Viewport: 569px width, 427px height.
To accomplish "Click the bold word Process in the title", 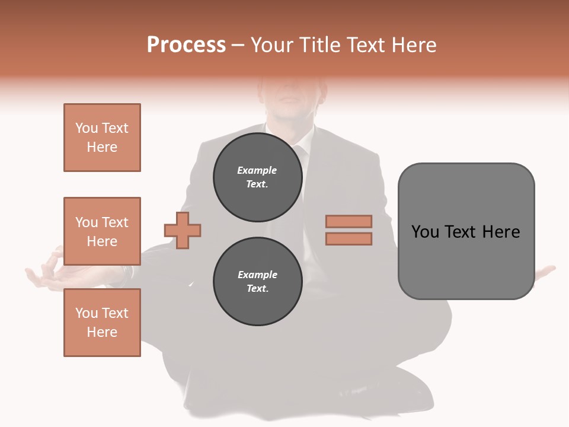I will (186, 45).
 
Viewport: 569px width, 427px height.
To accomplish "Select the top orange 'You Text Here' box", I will (102, 138).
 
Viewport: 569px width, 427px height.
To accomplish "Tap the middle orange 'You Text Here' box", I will (102, 231).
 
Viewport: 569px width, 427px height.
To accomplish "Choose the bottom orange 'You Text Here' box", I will (102, 323).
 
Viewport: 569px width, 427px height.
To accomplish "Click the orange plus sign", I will (183, 230).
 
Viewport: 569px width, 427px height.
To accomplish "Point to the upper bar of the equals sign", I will (349, 221).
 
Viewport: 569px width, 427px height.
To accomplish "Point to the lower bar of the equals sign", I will (349, 239).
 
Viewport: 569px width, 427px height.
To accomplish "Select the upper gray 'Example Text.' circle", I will (257, 177).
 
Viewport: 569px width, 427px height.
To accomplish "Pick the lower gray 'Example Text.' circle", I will (257, 282).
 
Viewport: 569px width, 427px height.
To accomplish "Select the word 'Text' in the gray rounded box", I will (465, 232).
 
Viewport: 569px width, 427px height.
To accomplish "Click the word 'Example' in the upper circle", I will (257, 170).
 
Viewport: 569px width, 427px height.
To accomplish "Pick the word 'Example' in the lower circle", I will (257, 275).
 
